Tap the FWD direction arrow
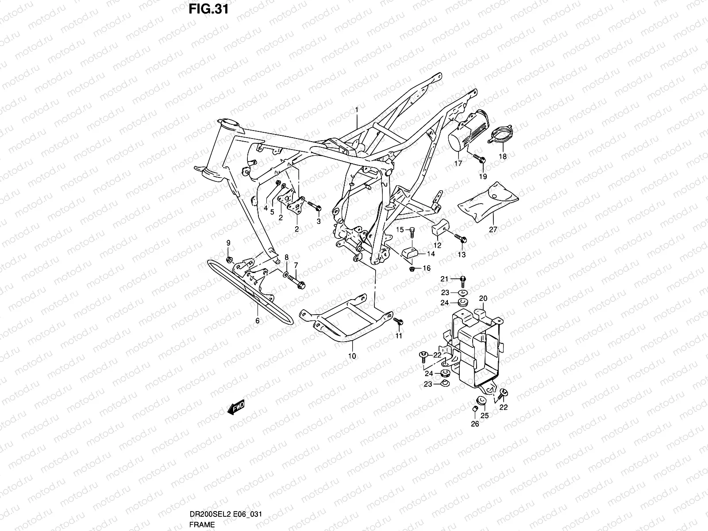click(236, 408)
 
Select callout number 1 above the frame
click(356, 109)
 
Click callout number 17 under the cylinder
click(458, 163)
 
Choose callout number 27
click(493, 230)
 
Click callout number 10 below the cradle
click(352, 356)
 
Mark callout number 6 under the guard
click(257, 321)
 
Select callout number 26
click(475, 424)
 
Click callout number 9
click(228, 242)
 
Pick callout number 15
click(400, 230)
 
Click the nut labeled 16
click(412, 269)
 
